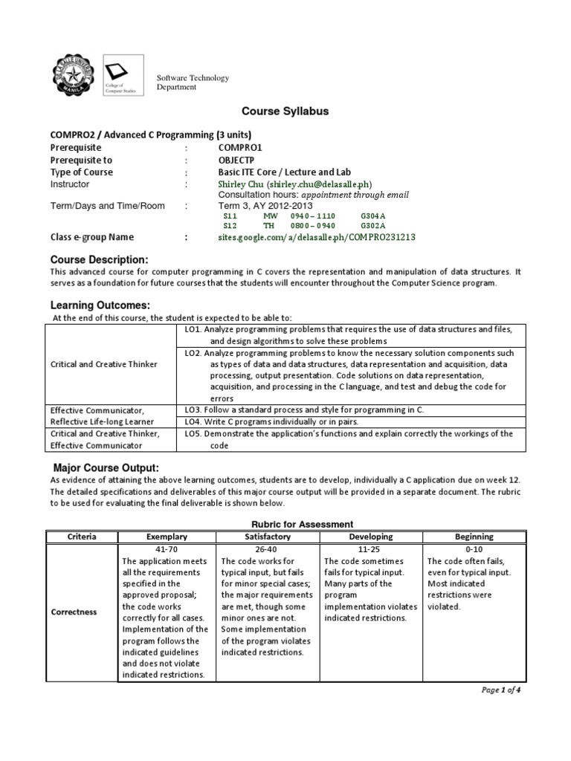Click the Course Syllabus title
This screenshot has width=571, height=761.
pos(285,111)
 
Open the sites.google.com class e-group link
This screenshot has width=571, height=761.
pos(317,238)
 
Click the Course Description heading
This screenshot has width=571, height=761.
pos(99,259)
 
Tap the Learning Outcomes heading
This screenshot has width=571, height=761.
pos(100,305)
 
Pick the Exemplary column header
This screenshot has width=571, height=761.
pos(167,536)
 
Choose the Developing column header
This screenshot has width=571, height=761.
pos(370,536)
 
